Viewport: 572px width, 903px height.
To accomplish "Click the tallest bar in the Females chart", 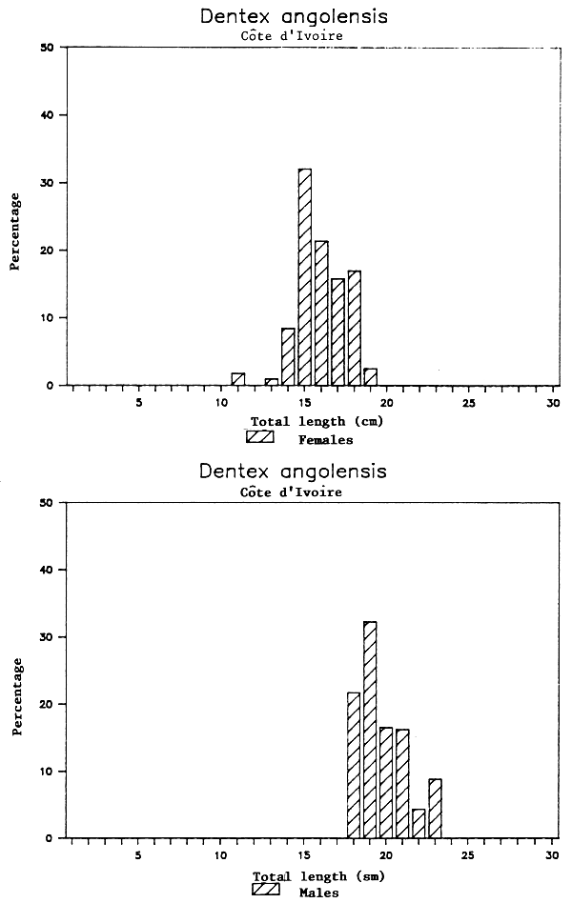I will tap(305, 277).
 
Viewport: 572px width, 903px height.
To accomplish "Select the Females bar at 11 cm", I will tap(238, 379).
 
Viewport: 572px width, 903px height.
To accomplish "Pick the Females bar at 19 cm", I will tap(370, 377).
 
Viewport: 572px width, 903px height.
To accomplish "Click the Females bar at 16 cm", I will tap(321, 313).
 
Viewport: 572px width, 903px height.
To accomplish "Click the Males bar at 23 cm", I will tap(435, 809).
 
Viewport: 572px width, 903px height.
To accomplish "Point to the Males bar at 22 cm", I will tap(419, 824).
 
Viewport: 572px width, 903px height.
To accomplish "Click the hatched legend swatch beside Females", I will tap(260, 437).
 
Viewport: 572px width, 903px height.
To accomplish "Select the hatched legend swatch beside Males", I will tap(266, 890).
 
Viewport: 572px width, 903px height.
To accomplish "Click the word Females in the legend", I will tap(325, 440).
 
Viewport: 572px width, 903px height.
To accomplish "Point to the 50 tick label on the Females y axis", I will tap(45, 48).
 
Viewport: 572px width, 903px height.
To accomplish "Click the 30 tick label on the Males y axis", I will tap(45, 637).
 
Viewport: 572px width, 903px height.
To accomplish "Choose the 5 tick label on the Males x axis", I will tap(138, 856).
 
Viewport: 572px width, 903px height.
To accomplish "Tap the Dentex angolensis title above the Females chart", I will tap(295, 17).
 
